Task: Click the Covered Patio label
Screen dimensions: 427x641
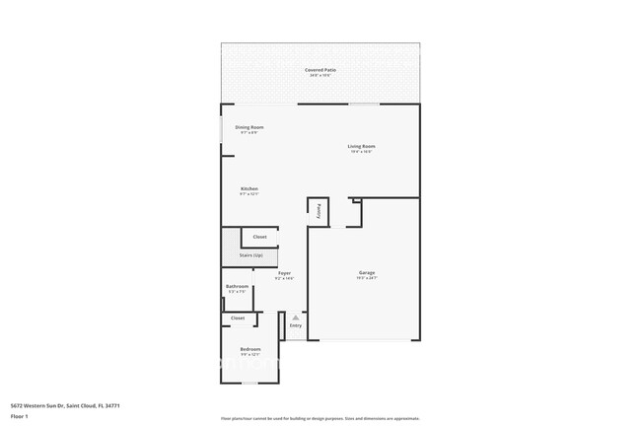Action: pos(320,71)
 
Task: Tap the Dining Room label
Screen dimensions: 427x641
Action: pos(249,127)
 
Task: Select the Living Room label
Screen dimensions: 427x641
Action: pos(361,147)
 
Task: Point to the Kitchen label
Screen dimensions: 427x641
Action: pos(249,188)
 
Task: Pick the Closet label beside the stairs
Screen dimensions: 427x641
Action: pos(259,237)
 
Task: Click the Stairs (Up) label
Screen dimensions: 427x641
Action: pos(250,255)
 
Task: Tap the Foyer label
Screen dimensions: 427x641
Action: pos(284,272)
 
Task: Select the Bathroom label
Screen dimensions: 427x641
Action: pos(237,287)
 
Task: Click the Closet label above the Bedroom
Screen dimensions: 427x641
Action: pos(238,319)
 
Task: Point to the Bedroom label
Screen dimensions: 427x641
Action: pos(249,349)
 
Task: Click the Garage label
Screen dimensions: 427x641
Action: pos(366,272)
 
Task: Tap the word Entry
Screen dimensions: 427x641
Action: pos(295,325)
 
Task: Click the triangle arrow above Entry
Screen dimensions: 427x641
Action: pos(295,318)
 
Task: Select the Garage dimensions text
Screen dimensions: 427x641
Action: pos(366,278)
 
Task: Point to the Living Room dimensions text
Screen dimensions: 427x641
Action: pos(361,152)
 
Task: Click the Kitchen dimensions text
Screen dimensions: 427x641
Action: pos(249,194)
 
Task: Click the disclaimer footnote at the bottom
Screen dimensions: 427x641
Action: pos(320,419)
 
